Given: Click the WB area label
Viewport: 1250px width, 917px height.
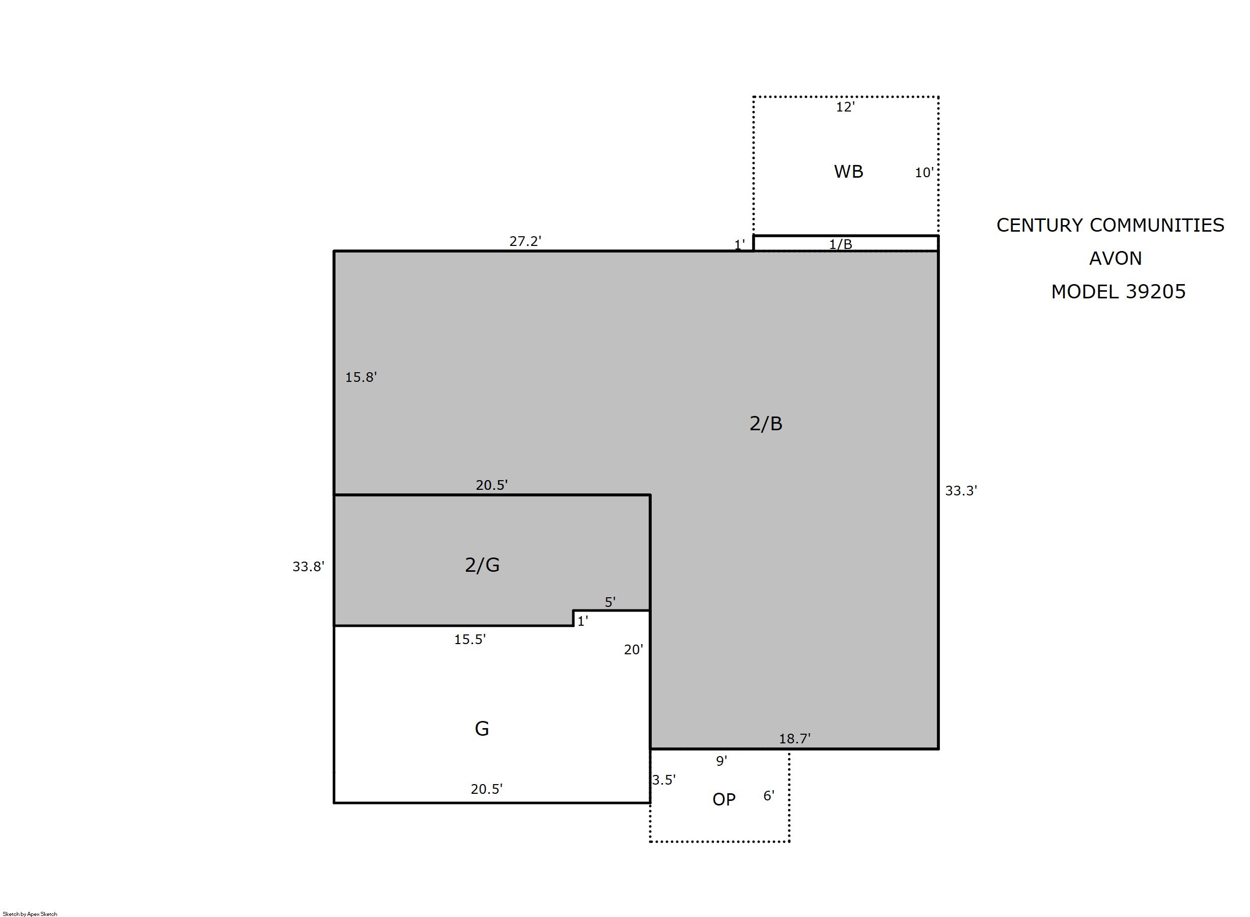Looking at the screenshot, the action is pos(848,172).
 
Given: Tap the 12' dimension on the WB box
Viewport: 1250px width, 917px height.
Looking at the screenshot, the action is pos(845,107).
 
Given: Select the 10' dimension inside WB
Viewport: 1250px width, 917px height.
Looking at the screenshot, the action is pos(924,173).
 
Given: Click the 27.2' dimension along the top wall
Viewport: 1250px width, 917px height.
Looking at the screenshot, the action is pos(525,241).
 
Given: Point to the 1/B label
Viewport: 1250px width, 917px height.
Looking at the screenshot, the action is pos(840,244).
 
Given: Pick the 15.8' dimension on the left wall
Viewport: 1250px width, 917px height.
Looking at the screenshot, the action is pos(361,377).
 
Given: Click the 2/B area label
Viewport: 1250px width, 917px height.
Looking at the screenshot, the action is pos(766,424).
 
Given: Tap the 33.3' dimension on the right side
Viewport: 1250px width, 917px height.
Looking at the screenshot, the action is pos(961,490).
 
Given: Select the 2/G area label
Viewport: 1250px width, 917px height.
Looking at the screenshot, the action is pos(482,565).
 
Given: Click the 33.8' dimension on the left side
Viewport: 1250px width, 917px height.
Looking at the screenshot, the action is pos(308,566).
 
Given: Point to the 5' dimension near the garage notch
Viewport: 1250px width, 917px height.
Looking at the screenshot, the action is pos(610,602).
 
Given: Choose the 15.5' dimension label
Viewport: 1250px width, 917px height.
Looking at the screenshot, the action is pos(469,639).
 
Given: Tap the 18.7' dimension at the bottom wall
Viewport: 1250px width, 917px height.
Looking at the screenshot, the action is pos(794,738).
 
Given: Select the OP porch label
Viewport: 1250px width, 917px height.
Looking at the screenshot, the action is pos(724,799).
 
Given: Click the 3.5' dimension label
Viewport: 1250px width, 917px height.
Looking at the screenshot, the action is pos(663,780).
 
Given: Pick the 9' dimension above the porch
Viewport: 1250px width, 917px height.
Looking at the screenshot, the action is pos(721,761).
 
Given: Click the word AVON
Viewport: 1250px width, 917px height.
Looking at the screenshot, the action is pos(1115,258).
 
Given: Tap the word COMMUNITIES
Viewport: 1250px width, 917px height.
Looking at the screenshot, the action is pos(1157,225).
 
